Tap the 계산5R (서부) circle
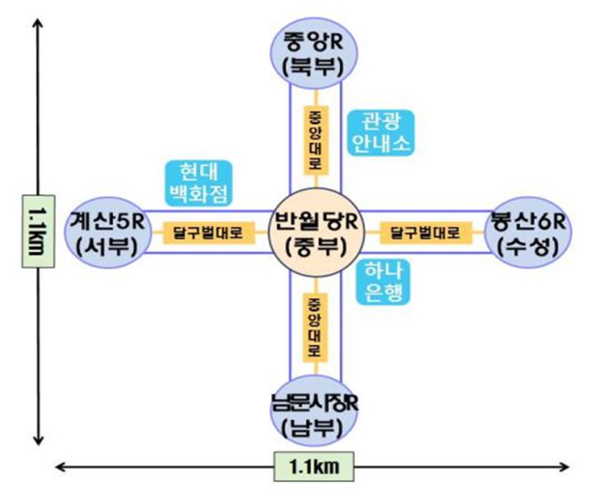[x=108, y=232]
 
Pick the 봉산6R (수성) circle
[x=528, y=232]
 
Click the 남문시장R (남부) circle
[x=314, y=410]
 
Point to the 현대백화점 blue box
[x=199, y=184]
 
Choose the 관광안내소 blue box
[x=381, y=132]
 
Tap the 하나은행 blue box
[x=383, y=281]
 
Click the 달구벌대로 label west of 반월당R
[x=209, y=232]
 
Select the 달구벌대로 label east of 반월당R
[x=425, y=232]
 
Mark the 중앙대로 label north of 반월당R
[x=315, y=140]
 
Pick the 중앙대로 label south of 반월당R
[x=315, y=327]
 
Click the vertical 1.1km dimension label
[x=38, y=232]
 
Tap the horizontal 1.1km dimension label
[x=314, y=467]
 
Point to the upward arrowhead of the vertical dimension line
[x=38, y=23]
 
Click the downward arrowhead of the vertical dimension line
[x=38, y=440]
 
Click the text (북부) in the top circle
[x=314, y=68]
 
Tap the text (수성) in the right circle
[x=528, y=247]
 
